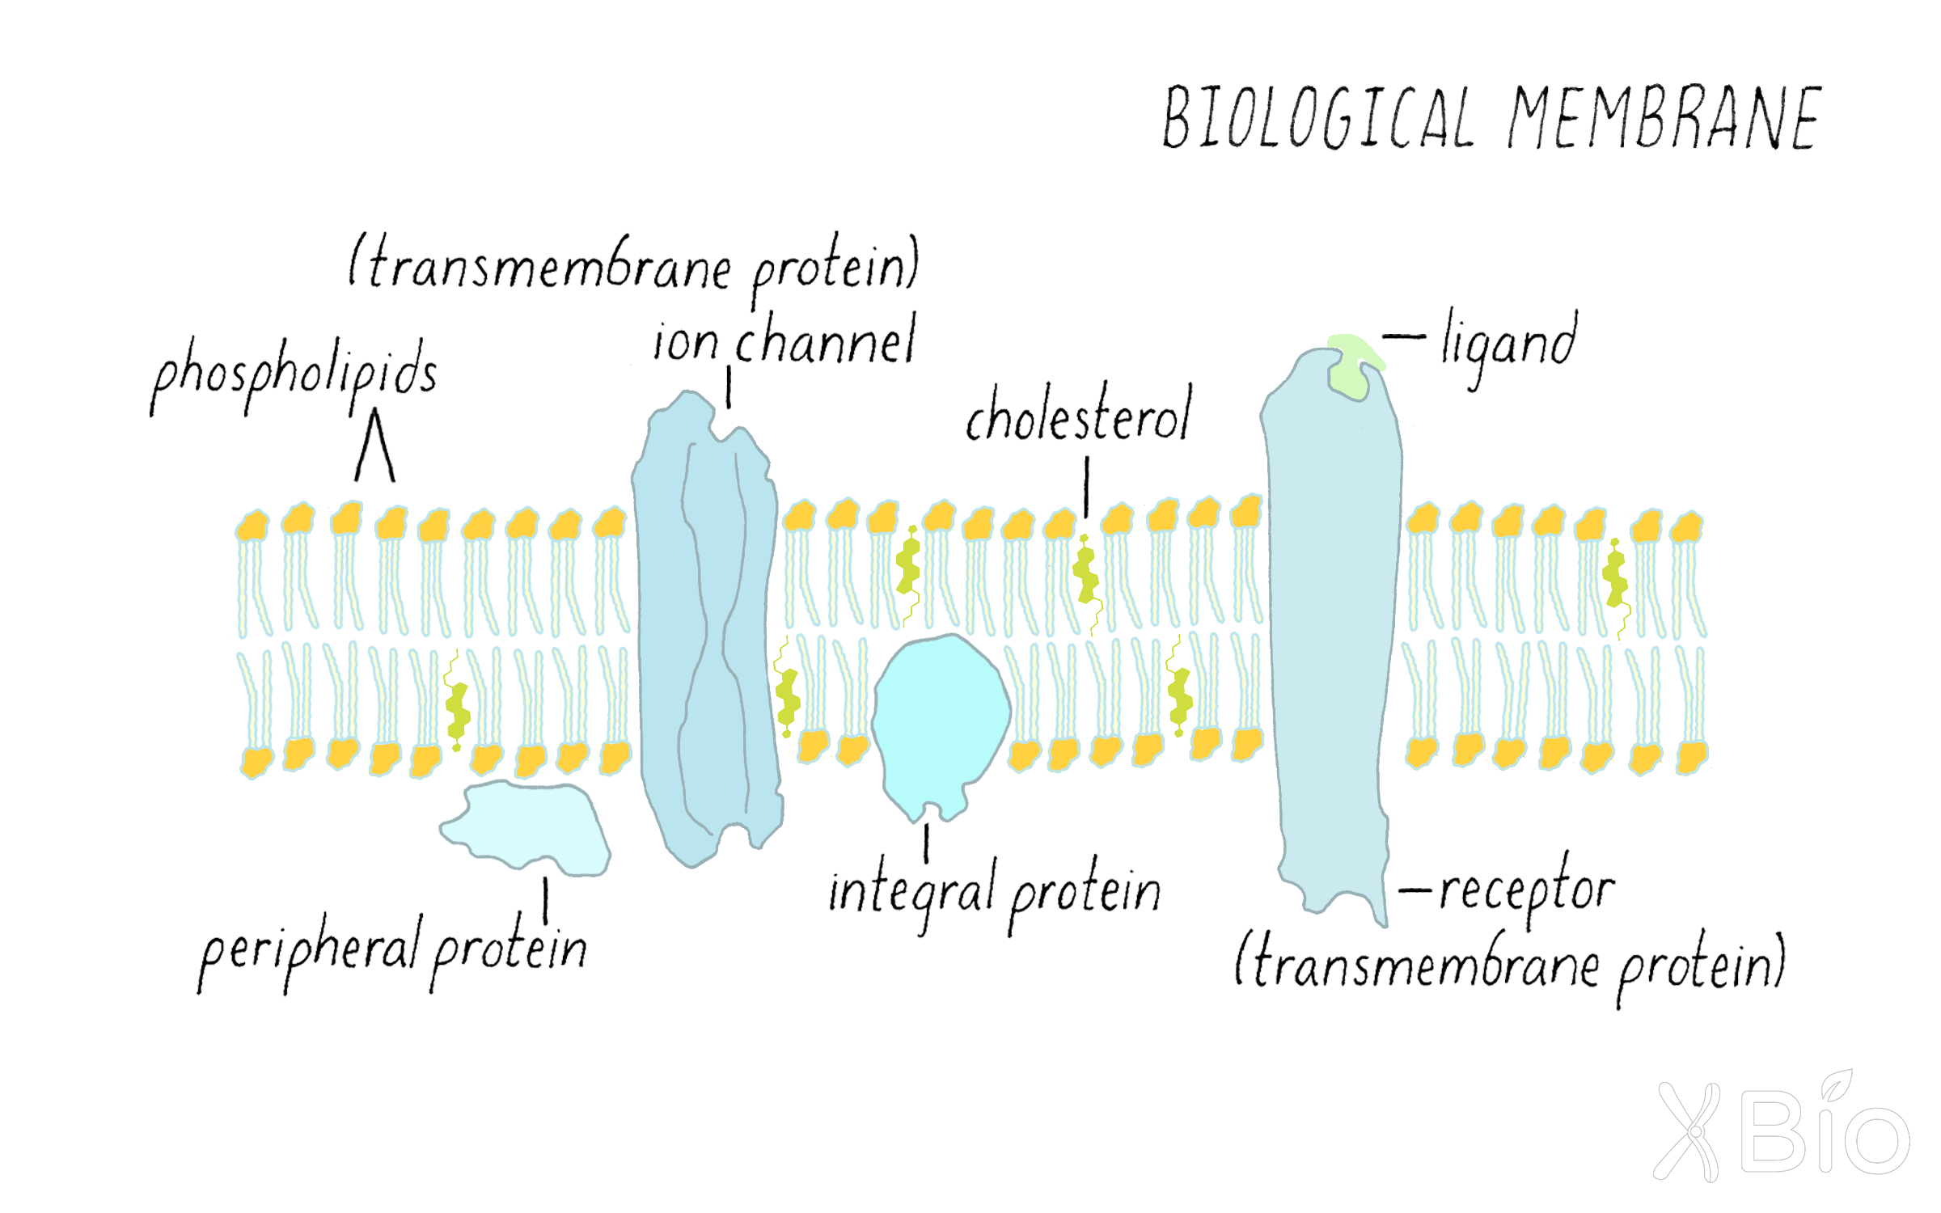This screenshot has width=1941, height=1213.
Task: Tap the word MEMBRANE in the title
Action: pos(1664,119)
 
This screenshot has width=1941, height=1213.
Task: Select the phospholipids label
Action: pos(295,374)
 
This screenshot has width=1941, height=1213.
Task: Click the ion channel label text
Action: pos(784,341)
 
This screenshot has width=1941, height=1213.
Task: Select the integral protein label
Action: pos(995,894)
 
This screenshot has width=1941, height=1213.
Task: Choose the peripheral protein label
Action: pos(393,950)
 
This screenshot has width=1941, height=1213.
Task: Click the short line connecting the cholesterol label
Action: pos(1086,486)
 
